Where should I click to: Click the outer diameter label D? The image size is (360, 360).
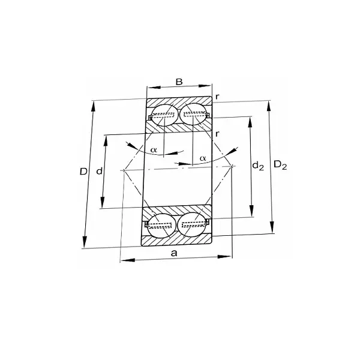point(83,172)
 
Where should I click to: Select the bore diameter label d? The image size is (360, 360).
point(100,172)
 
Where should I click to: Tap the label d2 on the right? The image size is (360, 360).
point(258,165)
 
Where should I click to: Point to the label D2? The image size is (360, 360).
point(280,165)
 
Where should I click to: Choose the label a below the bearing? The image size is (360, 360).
point(174,253)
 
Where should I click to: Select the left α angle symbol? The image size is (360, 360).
point(154,149)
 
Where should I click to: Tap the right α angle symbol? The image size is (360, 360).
point(203,158)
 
